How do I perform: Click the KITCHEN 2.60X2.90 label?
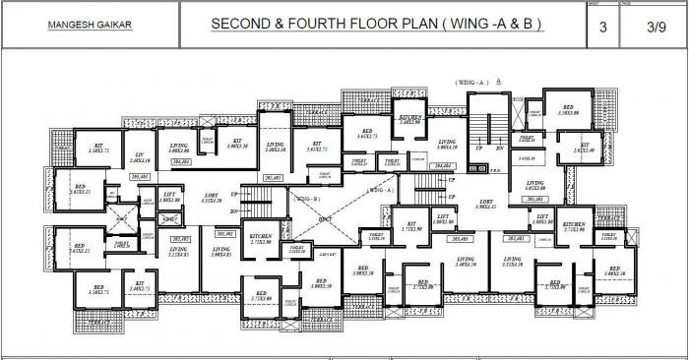tap(410, 120)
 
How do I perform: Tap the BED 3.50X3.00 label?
tap(569, 110)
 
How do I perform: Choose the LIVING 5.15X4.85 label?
tap(179, 252)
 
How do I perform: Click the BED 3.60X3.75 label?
tap(367, 135)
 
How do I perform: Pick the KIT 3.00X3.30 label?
tap(237, 144)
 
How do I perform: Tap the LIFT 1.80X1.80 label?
tap(170, 198)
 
